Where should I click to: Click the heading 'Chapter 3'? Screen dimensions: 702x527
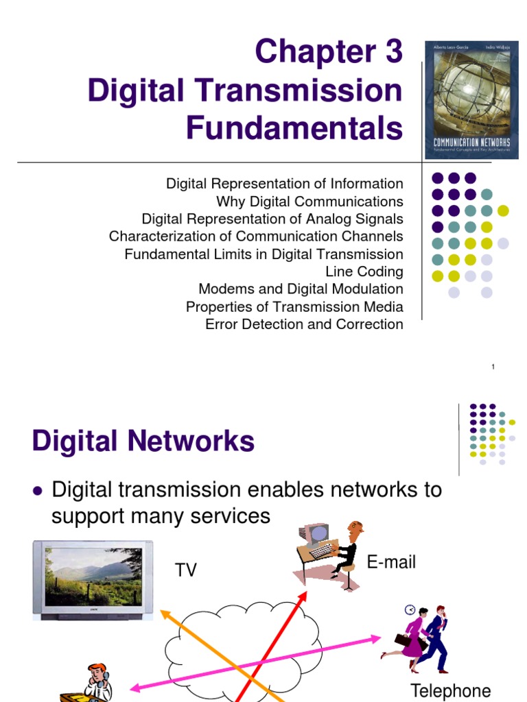coord(328,52)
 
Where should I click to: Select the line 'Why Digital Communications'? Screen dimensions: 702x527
coord(309,202)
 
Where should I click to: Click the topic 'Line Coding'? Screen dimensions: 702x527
coord(364,271)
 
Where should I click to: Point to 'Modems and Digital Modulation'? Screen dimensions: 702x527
coord(301,289)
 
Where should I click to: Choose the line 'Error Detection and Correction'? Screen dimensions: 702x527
coord(304,324)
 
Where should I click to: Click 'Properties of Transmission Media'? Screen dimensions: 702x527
coord(294,306)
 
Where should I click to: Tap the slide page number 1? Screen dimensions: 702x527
coord(493,368)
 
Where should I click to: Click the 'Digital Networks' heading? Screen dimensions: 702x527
coord(143,441)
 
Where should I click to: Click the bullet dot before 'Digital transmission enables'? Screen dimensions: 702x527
coord(38,491)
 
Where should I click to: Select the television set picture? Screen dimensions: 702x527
coord(89,579)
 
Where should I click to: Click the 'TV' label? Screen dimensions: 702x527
coord(186,570)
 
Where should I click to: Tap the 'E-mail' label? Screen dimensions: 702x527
coord(391,563)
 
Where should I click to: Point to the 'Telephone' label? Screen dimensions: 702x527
coord(450,690)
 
